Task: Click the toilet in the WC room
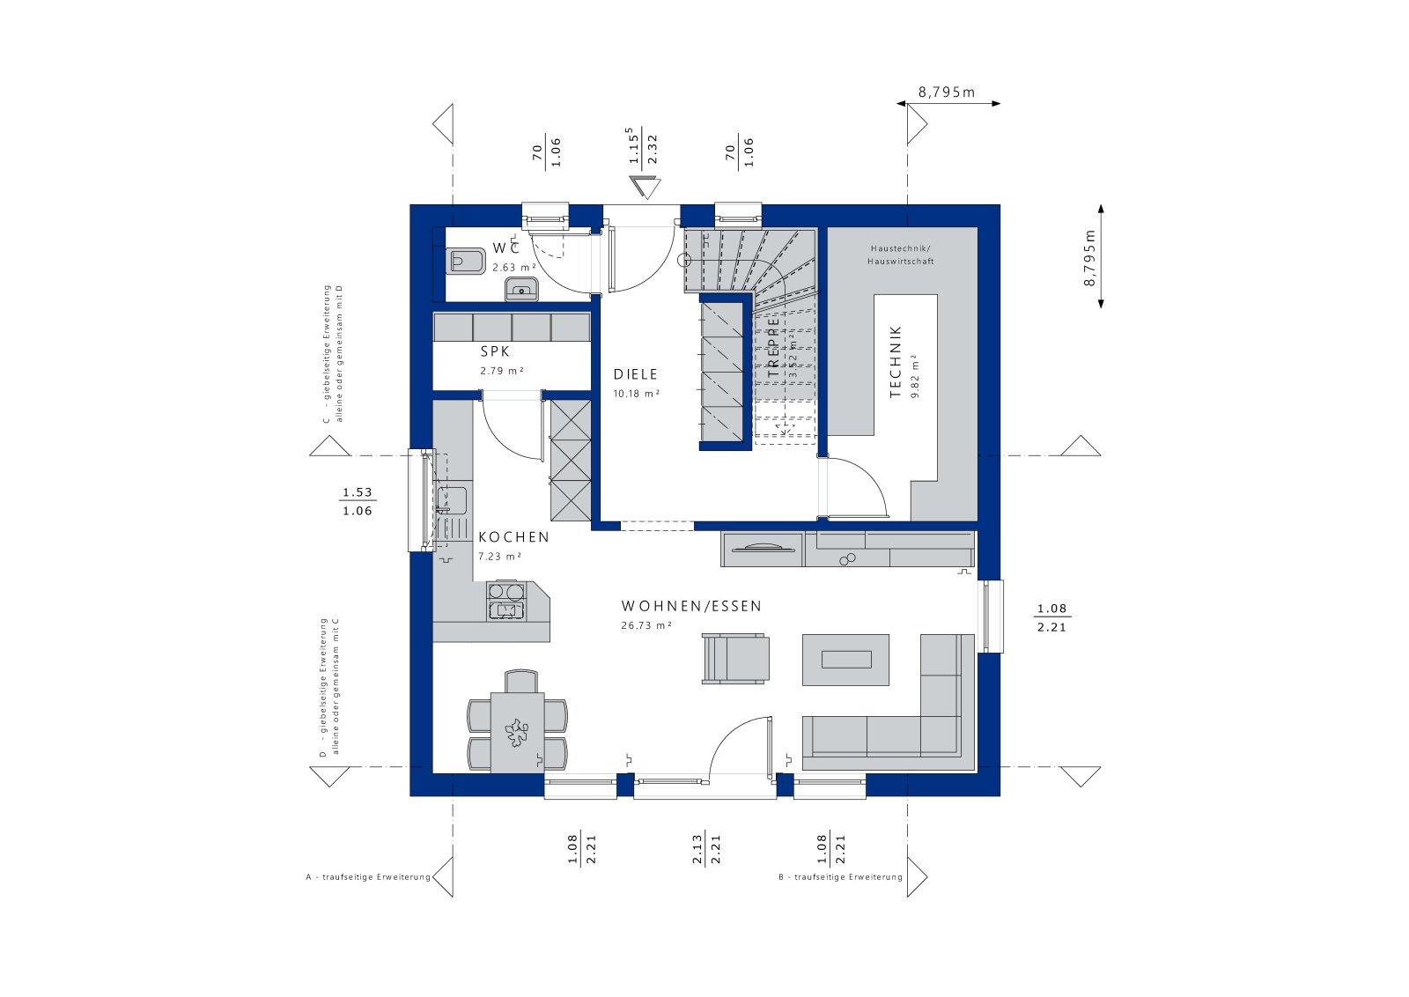[x=467, y=262]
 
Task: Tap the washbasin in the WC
[x=522, y=288]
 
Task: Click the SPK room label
[x=495, y=351]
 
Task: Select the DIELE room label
[x=636, y=374]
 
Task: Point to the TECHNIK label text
[x=896, y=362]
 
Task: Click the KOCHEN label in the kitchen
[x=513, y=537]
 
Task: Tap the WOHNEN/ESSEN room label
[x=691, y=606]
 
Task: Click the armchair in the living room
[x=735, y=659]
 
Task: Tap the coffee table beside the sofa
[x=845, y=659]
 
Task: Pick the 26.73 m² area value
[x=646, y=625]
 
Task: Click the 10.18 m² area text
[x=636, y=394]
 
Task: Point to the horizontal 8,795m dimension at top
[x=948, y=92]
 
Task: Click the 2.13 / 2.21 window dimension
[x=706, y=849]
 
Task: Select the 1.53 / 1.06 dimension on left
[x=358, y=502]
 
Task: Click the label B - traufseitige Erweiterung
[x=841, y=877]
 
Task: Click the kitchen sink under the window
[x=451, y=499]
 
